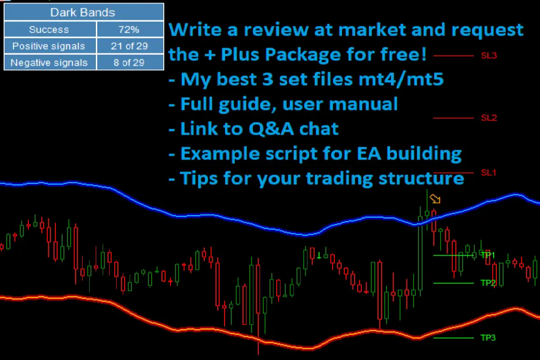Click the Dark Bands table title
(x=83, y=13)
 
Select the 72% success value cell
(x=129, y=30)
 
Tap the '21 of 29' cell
(x=129, y=46)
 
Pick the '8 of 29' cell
(x=129, y=63)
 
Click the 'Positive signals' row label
(x=49, y=46)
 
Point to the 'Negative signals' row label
(x=49, y=63)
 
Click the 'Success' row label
(x=49, y=30)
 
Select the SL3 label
(x=488, y=56)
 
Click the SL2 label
(x=488, y=118)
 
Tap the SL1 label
(x=488, y=173)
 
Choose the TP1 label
(x=488, y=255)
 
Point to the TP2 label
(x=488, y=283)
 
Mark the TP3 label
(x=488, y=337)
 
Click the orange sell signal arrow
(x=435, y=198)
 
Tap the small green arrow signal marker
(x=319, y=256)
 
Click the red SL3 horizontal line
(x=454, y=56)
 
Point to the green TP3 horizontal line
(x=454, y=337)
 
